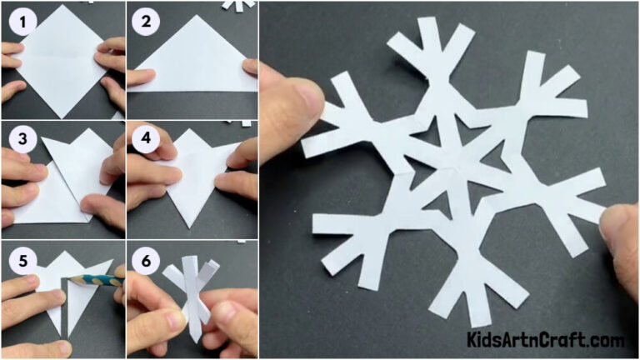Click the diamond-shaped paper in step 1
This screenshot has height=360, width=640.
[x=62, y=62]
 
